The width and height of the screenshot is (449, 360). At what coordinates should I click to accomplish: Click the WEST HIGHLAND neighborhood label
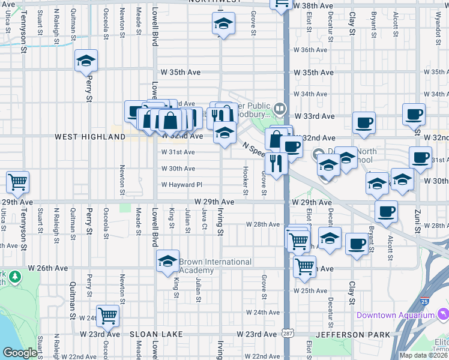(90, 137)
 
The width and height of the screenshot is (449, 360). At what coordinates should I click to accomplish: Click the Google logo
(20, 353)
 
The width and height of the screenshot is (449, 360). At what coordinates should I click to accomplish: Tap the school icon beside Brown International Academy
(168, 261)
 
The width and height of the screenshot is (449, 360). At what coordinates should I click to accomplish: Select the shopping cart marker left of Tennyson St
(17, 182)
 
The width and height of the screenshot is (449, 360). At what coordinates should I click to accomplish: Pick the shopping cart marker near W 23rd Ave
(108, 314)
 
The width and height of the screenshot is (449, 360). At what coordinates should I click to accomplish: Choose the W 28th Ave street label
(263, 224)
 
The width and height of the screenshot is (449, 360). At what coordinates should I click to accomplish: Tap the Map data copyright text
(423, 355)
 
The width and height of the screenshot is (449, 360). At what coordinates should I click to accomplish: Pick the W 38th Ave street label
(313, 6)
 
